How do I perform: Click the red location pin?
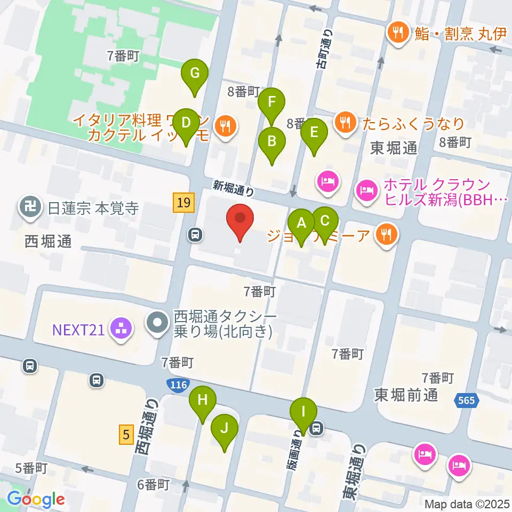240,220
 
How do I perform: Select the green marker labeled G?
195,73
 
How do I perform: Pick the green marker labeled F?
271,102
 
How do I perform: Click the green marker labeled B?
271,142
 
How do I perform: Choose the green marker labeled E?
314,132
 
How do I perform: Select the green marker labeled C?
325,220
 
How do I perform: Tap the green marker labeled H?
203,401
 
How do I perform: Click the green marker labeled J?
225,428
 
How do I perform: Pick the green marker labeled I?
303,412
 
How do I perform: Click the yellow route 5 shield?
126,434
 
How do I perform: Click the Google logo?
36,499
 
